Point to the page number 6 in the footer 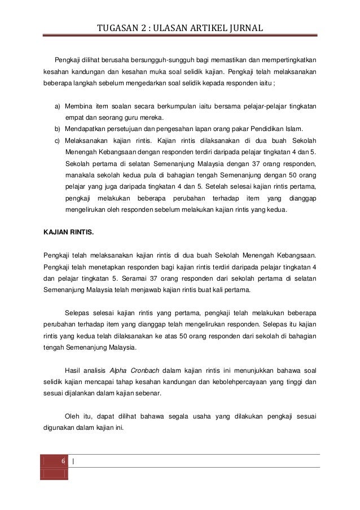(63, 461)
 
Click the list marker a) (58, 107)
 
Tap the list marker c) (58, 140)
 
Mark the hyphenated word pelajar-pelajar (263, 107)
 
